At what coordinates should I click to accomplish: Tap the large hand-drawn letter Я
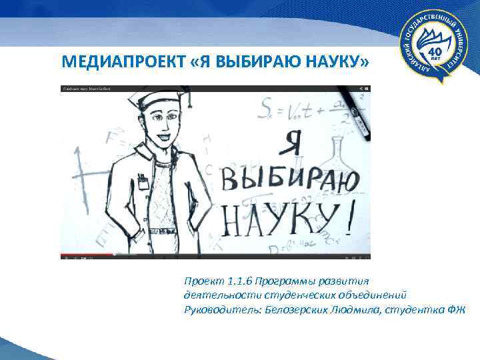(293, 141)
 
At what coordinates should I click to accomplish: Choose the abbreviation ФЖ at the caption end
(457, 309)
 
